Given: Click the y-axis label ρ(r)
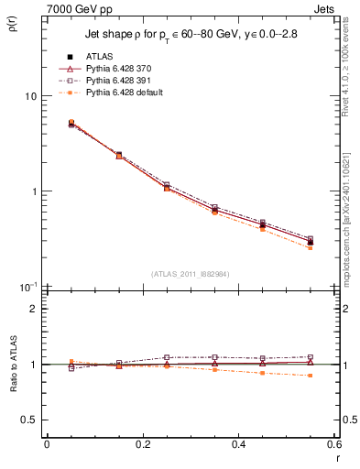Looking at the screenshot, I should [16, 27].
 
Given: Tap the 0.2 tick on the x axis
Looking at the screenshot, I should [143, 445].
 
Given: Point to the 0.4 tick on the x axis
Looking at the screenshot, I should [239, 445].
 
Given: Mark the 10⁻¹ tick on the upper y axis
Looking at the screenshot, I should [29, 287].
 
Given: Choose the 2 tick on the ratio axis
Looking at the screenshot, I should [34, 309].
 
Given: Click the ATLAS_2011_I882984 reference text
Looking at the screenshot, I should [190, 273].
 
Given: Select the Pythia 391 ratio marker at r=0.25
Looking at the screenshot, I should [167, 357].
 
